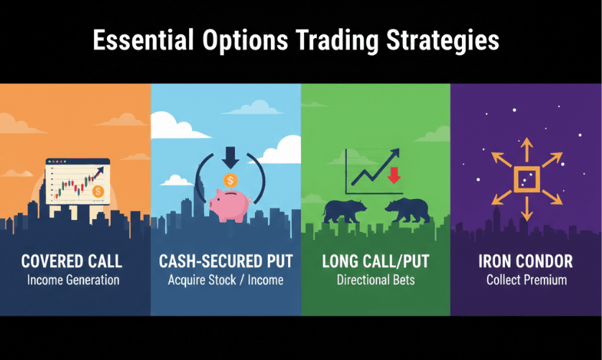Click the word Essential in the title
click(143, 40)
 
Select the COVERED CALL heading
click(72, 262)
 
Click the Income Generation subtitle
click(73, 280)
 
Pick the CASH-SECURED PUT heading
click(226, 262)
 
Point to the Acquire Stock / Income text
click(226, 280)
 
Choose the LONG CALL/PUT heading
click(376, 262)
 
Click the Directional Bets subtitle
click(376, 280)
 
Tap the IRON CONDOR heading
click(526, 262)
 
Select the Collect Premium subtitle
click(527, 280)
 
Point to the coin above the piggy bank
click(231, 180)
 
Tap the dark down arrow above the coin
click(231, 157)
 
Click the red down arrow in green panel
click(394, 175)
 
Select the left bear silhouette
click(344, 211)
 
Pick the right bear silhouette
click(408, 211)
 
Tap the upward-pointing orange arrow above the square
click(527, 149)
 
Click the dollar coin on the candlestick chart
click(98, 191)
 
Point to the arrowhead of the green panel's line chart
click(395, 153)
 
